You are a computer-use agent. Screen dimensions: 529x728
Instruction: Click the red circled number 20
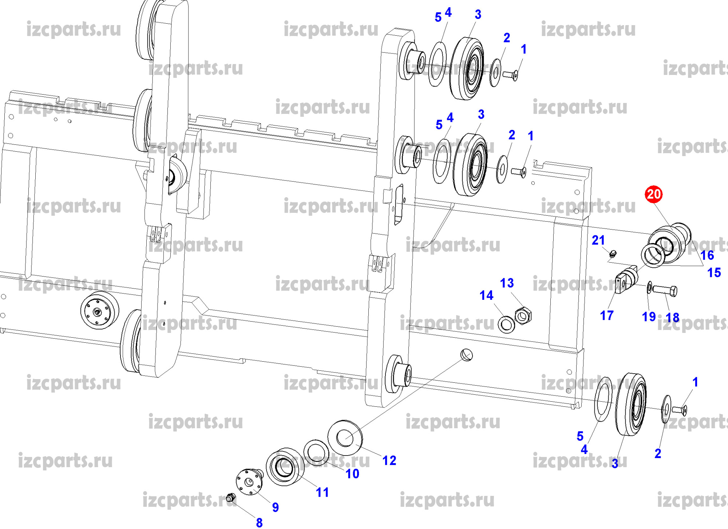click(x=653, y=194)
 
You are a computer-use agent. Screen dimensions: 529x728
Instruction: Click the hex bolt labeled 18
click(x=665, y=290)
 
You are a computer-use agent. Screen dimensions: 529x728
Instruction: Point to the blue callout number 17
click(x=607, y=315)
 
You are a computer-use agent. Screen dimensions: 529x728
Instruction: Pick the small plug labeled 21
click(x=613, y=253)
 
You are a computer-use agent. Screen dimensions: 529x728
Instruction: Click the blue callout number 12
click(x=389, y=461)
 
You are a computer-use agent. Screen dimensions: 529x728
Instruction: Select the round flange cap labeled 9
click(x=249, y=482)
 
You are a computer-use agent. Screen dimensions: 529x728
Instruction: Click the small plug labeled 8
click(x=230, y=497)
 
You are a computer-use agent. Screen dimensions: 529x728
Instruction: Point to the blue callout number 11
click(x=322, y=492)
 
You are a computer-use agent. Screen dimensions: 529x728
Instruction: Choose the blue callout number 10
click(x=352, y=474)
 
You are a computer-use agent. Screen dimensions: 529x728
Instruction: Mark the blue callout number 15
click(x=714, y=273)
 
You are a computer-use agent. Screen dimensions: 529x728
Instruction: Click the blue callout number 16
click(x=707, y=255)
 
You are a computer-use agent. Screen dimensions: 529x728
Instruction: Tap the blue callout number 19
click(x=649, y=317)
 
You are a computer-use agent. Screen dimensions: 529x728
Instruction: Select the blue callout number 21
click(x=598, y=240)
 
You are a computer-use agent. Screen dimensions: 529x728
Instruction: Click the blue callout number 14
click(x=486, y=295)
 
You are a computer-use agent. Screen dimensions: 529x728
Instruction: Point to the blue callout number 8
click(x=259, y=522)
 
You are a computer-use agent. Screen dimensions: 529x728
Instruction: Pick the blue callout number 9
click(x=276, y=507)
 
